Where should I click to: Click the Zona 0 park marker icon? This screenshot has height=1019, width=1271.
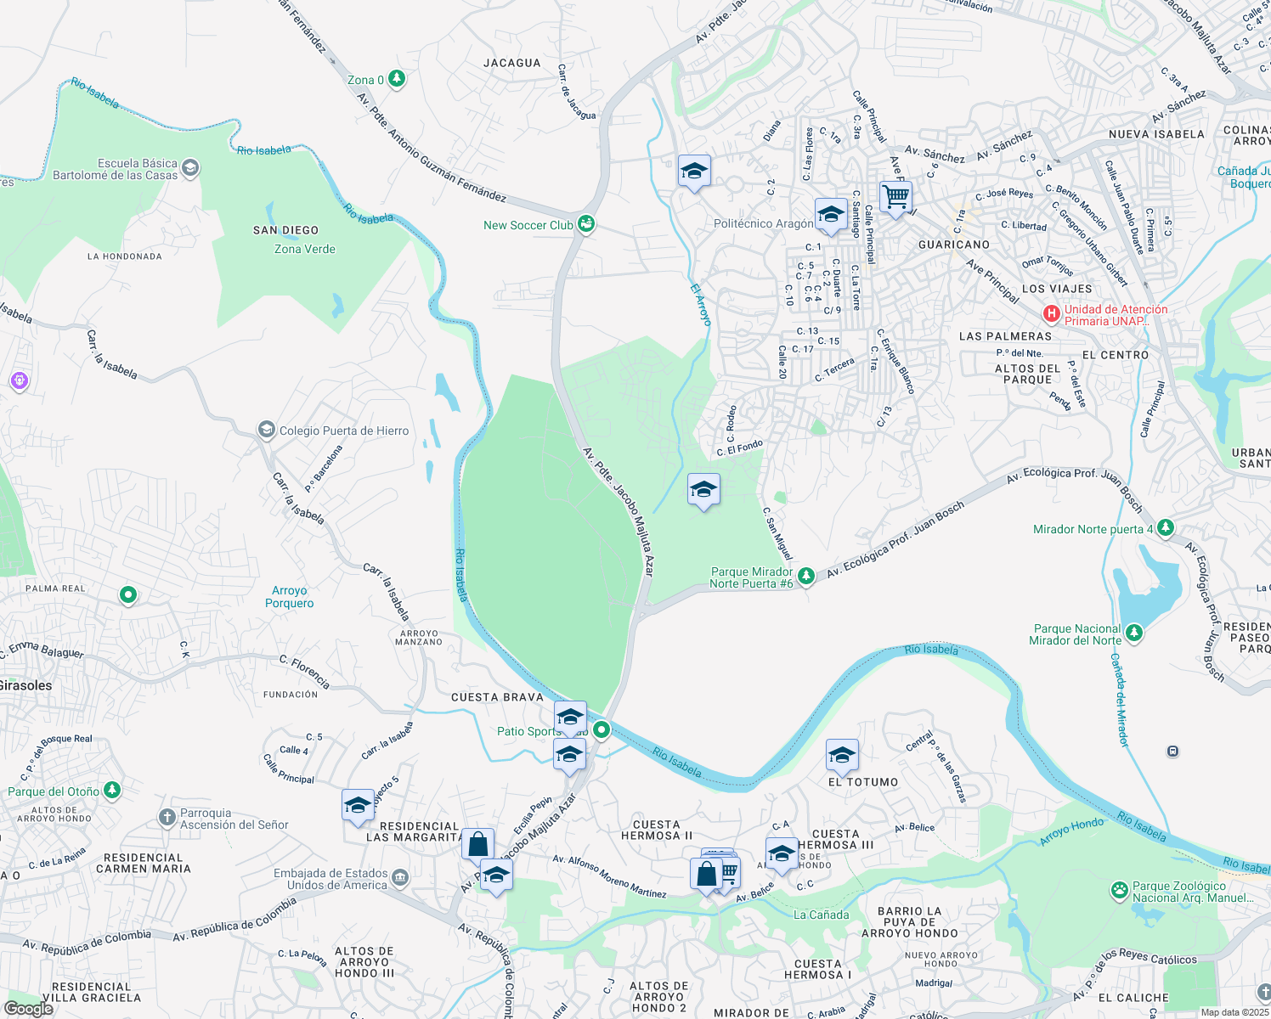pos(396,79)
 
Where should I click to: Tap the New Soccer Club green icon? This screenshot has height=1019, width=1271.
pos(585,224)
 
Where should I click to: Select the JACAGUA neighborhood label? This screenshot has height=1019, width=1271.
pos(511,63)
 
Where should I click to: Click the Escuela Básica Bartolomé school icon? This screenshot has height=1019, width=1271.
pos(190,168)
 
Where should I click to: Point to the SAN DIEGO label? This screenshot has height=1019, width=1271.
pos(285,230)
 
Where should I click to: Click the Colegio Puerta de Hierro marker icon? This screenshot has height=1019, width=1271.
pos(267,431)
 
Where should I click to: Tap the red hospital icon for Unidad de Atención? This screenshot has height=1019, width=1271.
pos(1052,314)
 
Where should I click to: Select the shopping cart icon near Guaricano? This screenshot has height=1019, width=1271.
pos(895,197)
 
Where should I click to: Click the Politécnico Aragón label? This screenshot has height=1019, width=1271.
pos(763,223)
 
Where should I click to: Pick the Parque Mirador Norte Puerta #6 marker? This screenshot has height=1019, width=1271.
pos(806,577)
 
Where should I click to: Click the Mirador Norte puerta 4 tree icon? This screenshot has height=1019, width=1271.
pos(1166,528)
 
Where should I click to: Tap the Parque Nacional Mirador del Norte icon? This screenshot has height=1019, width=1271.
pos(1133,633)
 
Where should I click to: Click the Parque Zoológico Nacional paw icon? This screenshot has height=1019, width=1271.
pos(1120,891)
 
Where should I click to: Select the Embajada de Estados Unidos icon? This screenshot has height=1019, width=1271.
pos(400,878)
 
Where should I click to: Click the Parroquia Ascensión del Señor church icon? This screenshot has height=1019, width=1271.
pos(167,818)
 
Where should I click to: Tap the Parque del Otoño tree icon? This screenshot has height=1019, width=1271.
pos(111,791)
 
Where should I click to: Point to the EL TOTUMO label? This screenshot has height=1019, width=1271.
pos(862,782)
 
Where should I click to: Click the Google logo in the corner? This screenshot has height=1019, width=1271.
pos(28,1008)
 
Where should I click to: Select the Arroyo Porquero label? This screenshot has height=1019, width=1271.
pos(289,597)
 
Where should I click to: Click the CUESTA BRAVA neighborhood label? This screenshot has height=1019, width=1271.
pos(497,697)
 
